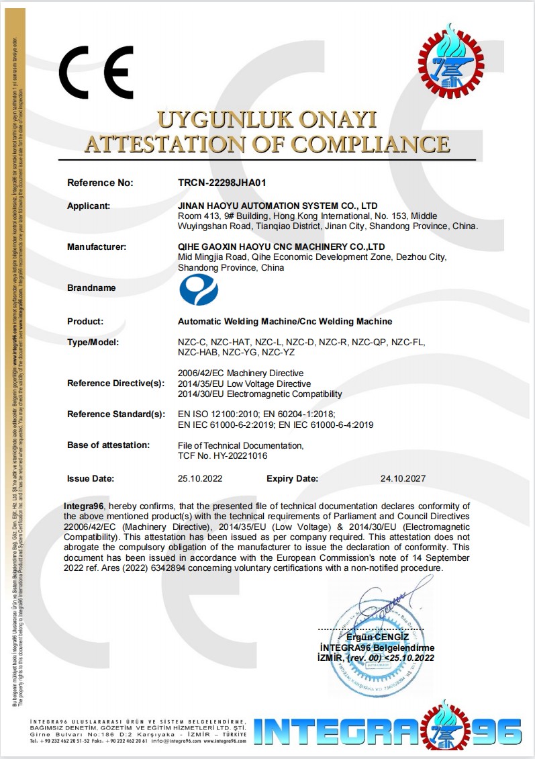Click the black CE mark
point(96,73)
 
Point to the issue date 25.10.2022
point(200,479)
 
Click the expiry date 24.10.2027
point(403,479)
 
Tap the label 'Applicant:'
point(89,206)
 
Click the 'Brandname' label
point(91,287)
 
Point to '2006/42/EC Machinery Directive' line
point(240,373)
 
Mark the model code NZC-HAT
point(230,343)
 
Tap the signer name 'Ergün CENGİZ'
point(377,636)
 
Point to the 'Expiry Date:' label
point(293,479)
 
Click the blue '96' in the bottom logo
point(495,729)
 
